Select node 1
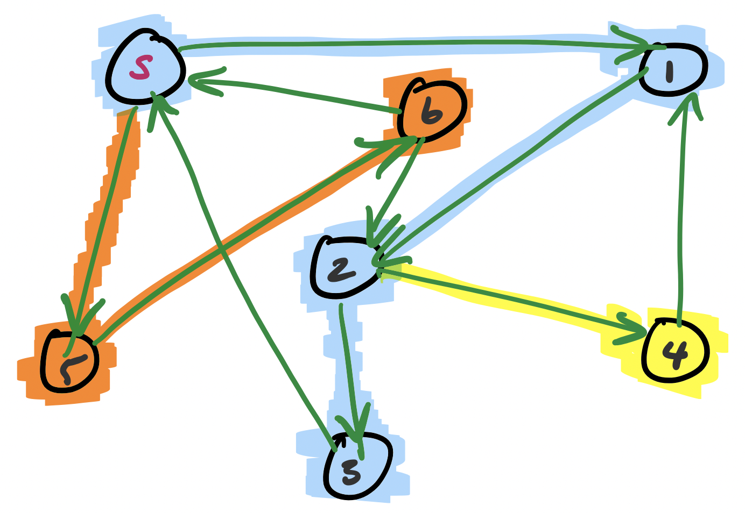point(673,70)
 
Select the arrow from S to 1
point(409,43)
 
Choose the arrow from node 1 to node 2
point(511,167)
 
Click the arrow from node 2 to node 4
point(511,299)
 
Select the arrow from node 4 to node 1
point(681,215)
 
